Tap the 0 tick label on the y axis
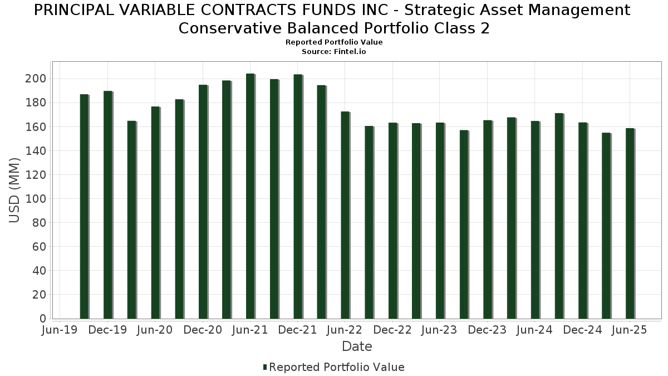(x=42, y=319)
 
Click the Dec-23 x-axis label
(x=488, y=330)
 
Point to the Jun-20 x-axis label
(x=155, y=330)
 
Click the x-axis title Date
(x=357, y=346)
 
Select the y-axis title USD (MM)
(x=15, y=191)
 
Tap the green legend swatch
(x=265, y=367)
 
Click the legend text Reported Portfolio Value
(x=337, y=367)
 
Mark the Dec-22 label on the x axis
(x=392, y=330)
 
